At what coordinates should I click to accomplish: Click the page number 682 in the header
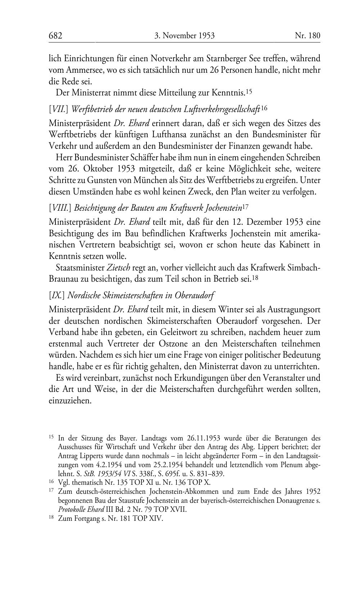click(x=56, y=36)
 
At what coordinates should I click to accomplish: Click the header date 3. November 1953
click(x=184, y=36)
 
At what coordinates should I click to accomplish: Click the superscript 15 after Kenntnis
click(x=248, y=92)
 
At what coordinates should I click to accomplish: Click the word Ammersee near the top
click(x=82, y=70)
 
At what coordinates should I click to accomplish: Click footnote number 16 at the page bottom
click(x=51, y=482)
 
